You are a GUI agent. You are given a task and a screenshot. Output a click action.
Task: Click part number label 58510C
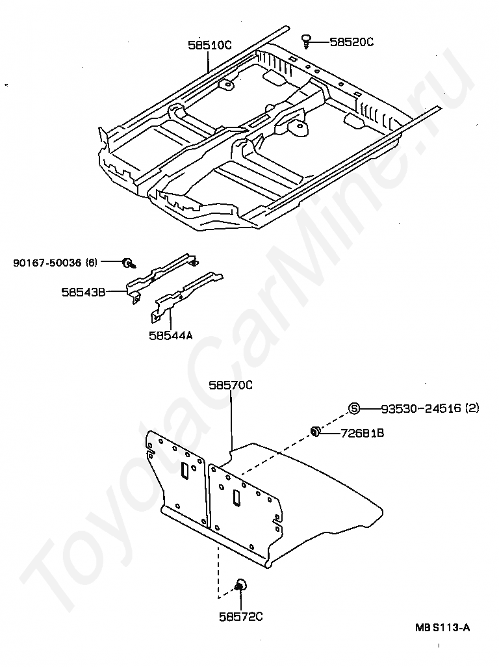pyautogui.click(x=210, y=46)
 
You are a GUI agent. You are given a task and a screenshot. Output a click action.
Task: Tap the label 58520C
pyautogui.click(x=352, y=42)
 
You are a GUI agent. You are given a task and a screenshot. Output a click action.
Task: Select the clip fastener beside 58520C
pyautogui.click(x=307, y=41)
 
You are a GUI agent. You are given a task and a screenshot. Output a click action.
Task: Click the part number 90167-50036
pyautogui.click(x=47, y=263)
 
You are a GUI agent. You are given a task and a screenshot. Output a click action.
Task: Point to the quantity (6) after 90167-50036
pyautogui.click(x=91, y=263)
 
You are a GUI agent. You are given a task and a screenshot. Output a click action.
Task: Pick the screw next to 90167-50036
pyautogui.click(x=128, y=263)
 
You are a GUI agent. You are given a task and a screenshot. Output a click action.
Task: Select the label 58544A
pyautogui.click(x=170, y=335)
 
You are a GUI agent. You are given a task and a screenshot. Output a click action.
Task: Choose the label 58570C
pyautogui.click(x=230, y=385)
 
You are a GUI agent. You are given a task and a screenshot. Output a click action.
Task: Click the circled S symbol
pyautogui.click(x=354, y=408)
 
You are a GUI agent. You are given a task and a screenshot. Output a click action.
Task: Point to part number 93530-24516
pyautogui.click(x=420, y=408)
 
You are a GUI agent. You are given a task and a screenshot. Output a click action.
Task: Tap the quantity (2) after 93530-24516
pyautogui.click(x=472, y=408)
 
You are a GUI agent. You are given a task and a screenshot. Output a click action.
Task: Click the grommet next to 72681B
pyautogui.click(x=316, y=432)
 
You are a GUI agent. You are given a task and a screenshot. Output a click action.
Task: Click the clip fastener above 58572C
pyautogui.click(x=239, y=585)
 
